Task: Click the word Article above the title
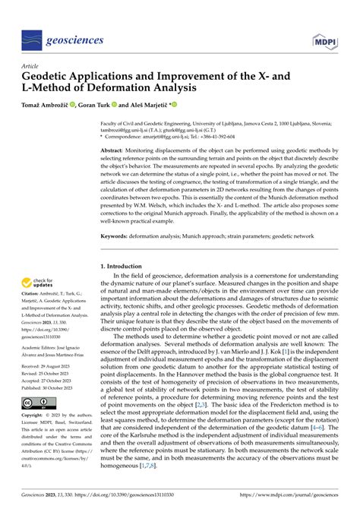pos(32,67)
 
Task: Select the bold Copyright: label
pos(33,438)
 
